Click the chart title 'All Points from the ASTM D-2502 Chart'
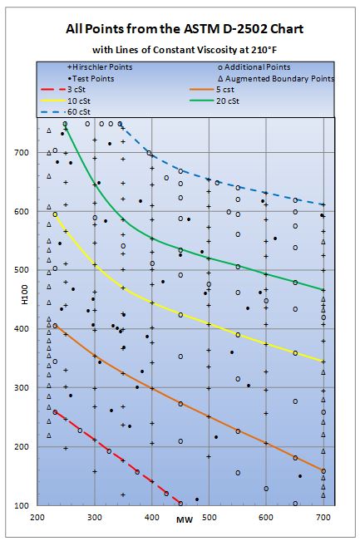[180, 28]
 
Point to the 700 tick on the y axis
[23, 153]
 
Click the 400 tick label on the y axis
[23, 329]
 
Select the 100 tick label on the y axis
[23, 505]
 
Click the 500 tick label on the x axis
[209, 518]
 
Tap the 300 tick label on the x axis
[94, 518]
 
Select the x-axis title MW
[181, 520]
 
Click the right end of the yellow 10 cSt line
[323, 361]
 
